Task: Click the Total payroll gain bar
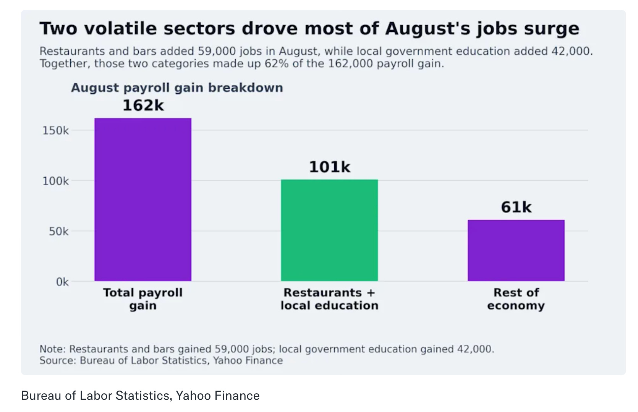pos(143,200)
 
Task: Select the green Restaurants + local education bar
pos(330,230)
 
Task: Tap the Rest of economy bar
pos(516,250)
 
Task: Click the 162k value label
pos(143,105)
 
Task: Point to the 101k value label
pos(330,167)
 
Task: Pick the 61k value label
pos(516,207)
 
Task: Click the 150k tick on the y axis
pos(55,131)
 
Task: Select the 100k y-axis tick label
pos(55,181)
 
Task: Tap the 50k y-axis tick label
pos(59,231)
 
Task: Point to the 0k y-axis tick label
pos(62,282)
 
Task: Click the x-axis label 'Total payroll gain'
pos(143,299)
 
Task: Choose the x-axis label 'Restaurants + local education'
pos(330,299)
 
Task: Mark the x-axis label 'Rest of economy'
pos(516,299)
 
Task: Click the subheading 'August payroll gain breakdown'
pos(177,88)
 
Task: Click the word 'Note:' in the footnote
pos(53,349)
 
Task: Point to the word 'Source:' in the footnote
pos(58,360)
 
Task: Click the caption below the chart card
pos(141,396)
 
